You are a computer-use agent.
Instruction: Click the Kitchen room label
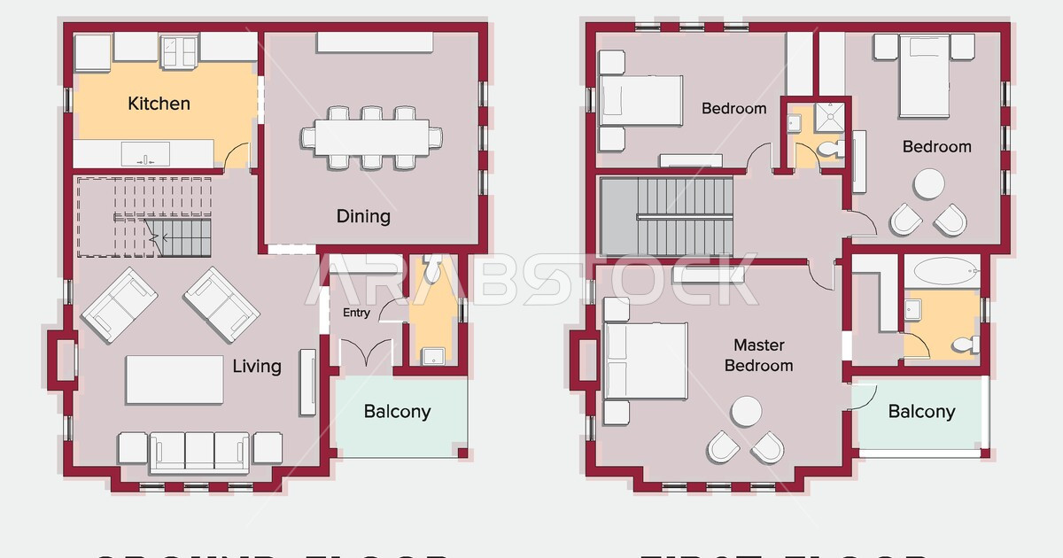pyautogui.click(x=159, y=104)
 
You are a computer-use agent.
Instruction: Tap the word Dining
pyautogui.click(x=363, y=216)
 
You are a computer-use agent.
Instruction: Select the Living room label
pyautogui.click(x=257, y=366)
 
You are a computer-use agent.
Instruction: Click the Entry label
pyautogui.click(x=356, y=313)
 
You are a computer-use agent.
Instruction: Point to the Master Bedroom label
pyautogui.click(x=759, y=355)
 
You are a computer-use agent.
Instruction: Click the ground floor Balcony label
pyautogui.click(x=397, y=411)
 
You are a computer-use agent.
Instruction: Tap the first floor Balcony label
pyautogui.click(x=921, y=411)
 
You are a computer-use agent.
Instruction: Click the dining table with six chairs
pyautogui.click(x=371, y=137)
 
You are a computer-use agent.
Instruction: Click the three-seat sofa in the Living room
pyautogui.click(x=200, y=451)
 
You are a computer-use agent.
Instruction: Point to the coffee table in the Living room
pyautogui.click(x=175, y=379)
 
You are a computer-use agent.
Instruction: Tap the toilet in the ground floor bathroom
pyautogui.click(x=431, y=265)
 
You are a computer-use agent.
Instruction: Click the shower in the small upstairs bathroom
pyautogui.click(x=831, y=115)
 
